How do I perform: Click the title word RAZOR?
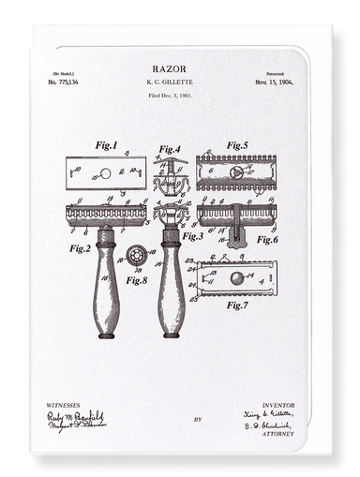pyautogui.click(x=169, y=69)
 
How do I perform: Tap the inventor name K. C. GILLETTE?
pyautogui.click(x=169, y=82)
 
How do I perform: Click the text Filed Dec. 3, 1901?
pyautogui.click(x=169, y=97)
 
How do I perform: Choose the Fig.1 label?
pyautogui.click(x=106, y=146)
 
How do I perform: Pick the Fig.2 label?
pyautogui.click(x=80, y=248)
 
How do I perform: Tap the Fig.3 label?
pyautogui.click(x=192, y=236)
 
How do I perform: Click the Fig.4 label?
pyautogui.click(x=169, y=149)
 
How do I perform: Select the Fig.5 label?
pyautogui.click(x=237, y=146)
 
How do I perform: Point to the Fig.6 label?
pyautogui.click(x=267, y=240)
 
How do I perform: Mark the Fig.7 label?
pyautogui.click(x=237, y=305)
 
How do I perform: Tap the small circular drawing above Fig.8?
pyautogui.click(x=138, y=255)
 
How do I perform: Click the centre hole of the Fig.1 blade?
pyautogui.click(x=106, y=173)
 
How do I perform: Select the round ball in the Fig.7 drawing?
pyautogui.click(x=236, y=277)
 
